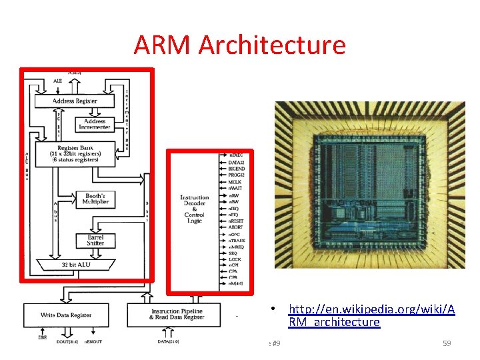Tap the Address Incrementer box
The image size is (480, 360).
94,125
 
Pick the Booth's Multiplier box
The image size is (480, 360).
95,198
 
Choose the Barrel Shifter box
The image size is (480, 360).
95,239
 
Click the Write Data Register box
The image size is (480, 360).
66,315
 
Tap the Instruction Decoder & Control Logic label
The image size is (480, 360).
194,209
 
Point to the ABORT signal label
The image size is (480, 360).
235,227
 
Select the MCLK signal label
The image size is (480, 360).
235,182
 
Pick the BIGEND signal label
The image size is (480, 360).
237,169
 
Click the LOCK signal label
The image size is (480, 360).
234,259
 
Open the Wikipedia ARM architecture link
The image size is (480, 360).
371,316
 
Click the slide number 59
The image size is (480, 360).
447,343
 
